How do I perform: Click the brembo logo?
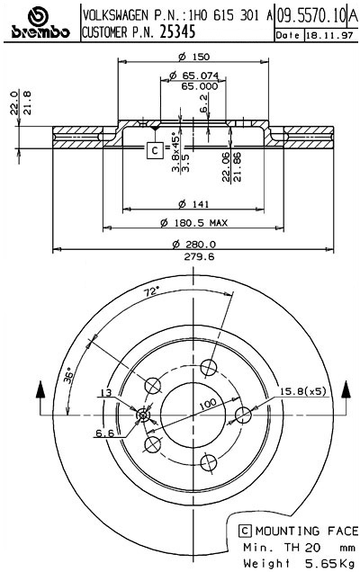[x=40, y=23]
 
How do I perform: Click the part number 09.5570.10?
[x=310, y=15]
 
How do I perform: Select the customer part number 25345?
[x=179, y=33]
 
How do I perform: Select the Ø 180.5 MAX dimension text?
[x=193, y=222]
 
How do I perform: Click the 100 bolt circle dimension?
[x=208, y=406]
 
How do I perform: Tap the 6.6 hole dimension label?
[x=104, y=433]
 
